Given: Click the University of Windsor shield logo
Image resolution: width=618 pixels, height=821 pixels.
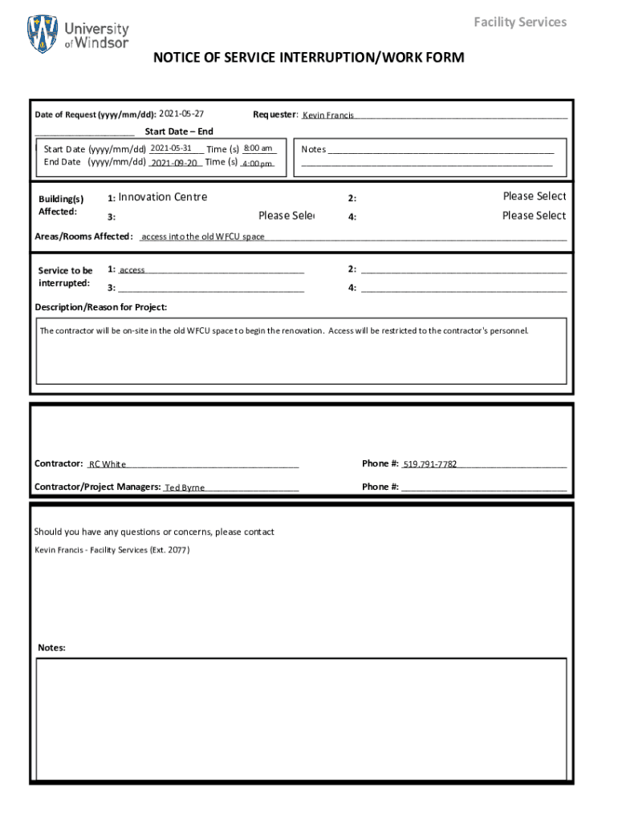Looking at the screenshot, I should (43, 34).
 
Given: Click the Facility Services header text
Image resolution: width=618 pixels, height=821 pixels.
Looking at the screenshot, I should (519, 22).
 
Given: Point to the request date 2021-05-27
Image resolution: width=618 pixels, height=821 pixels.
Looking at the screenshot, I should (181, 114).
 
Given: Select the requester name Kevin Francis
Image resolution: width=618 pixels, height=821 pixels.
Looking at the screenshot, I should (327, 115).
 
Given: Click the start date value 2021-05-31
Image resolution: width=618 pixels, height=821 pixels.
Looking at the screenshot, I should (170, 148).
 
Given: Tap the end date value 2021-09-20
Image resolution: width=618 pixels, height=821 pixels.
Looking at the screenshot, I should (174, 163).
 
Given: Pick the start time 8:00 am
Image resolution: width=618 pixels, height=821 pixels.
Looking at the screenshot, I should (258, 148).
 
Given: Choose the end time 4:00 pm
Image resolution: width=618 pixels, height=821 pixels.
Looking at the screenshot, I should (257, 164).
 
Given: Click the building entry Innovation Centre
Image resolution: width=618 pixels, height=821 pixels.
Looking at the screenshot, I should (162, 197).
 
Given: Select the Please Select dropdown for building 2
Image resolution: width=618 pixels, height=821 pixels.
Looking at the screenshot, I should (534, 196).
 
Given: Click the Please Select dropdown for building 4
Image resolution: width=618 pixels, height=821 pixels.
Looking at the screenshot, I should (534, 216).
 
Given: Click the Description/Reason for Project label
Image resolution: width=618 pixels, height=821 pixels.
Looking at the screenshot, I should (101, 307).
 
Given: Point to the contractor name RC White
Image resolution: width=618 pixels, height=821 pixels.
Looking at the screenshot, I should (107, 464).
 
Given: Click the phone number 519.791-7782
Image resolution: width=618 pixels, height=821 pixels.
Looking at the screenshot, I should (429, 464).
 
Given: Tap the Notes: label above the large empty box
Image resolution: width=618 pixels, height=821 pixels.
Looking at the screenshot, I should (51, 648).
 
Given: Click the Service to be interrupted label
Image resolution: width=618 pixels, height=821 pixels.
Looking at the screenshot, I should (65, 277).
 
